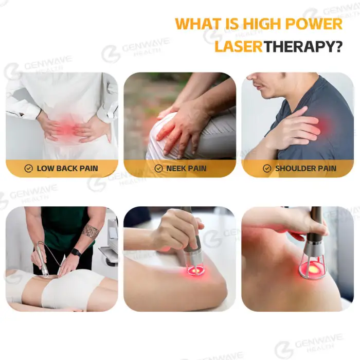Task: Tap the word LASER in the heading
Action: coord(239,46)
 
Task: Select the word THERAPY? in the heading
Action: coord(303,46)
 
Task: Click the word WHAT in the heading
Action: coord(196,24)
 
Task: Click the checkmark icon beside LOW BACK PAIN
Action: coord(28,169)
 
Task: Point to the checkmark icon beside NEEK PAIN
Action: coord(158,169)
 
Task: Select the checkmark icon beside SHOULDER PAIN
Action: coord(267,169)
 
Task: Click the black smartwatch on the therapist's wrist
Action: coord(76,253)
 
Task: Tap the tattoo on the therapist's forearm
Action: coord(91,231)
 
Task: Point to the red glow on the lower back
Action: coord(66,126)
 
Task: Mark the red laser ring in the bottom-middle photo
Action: coord(196,271)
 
